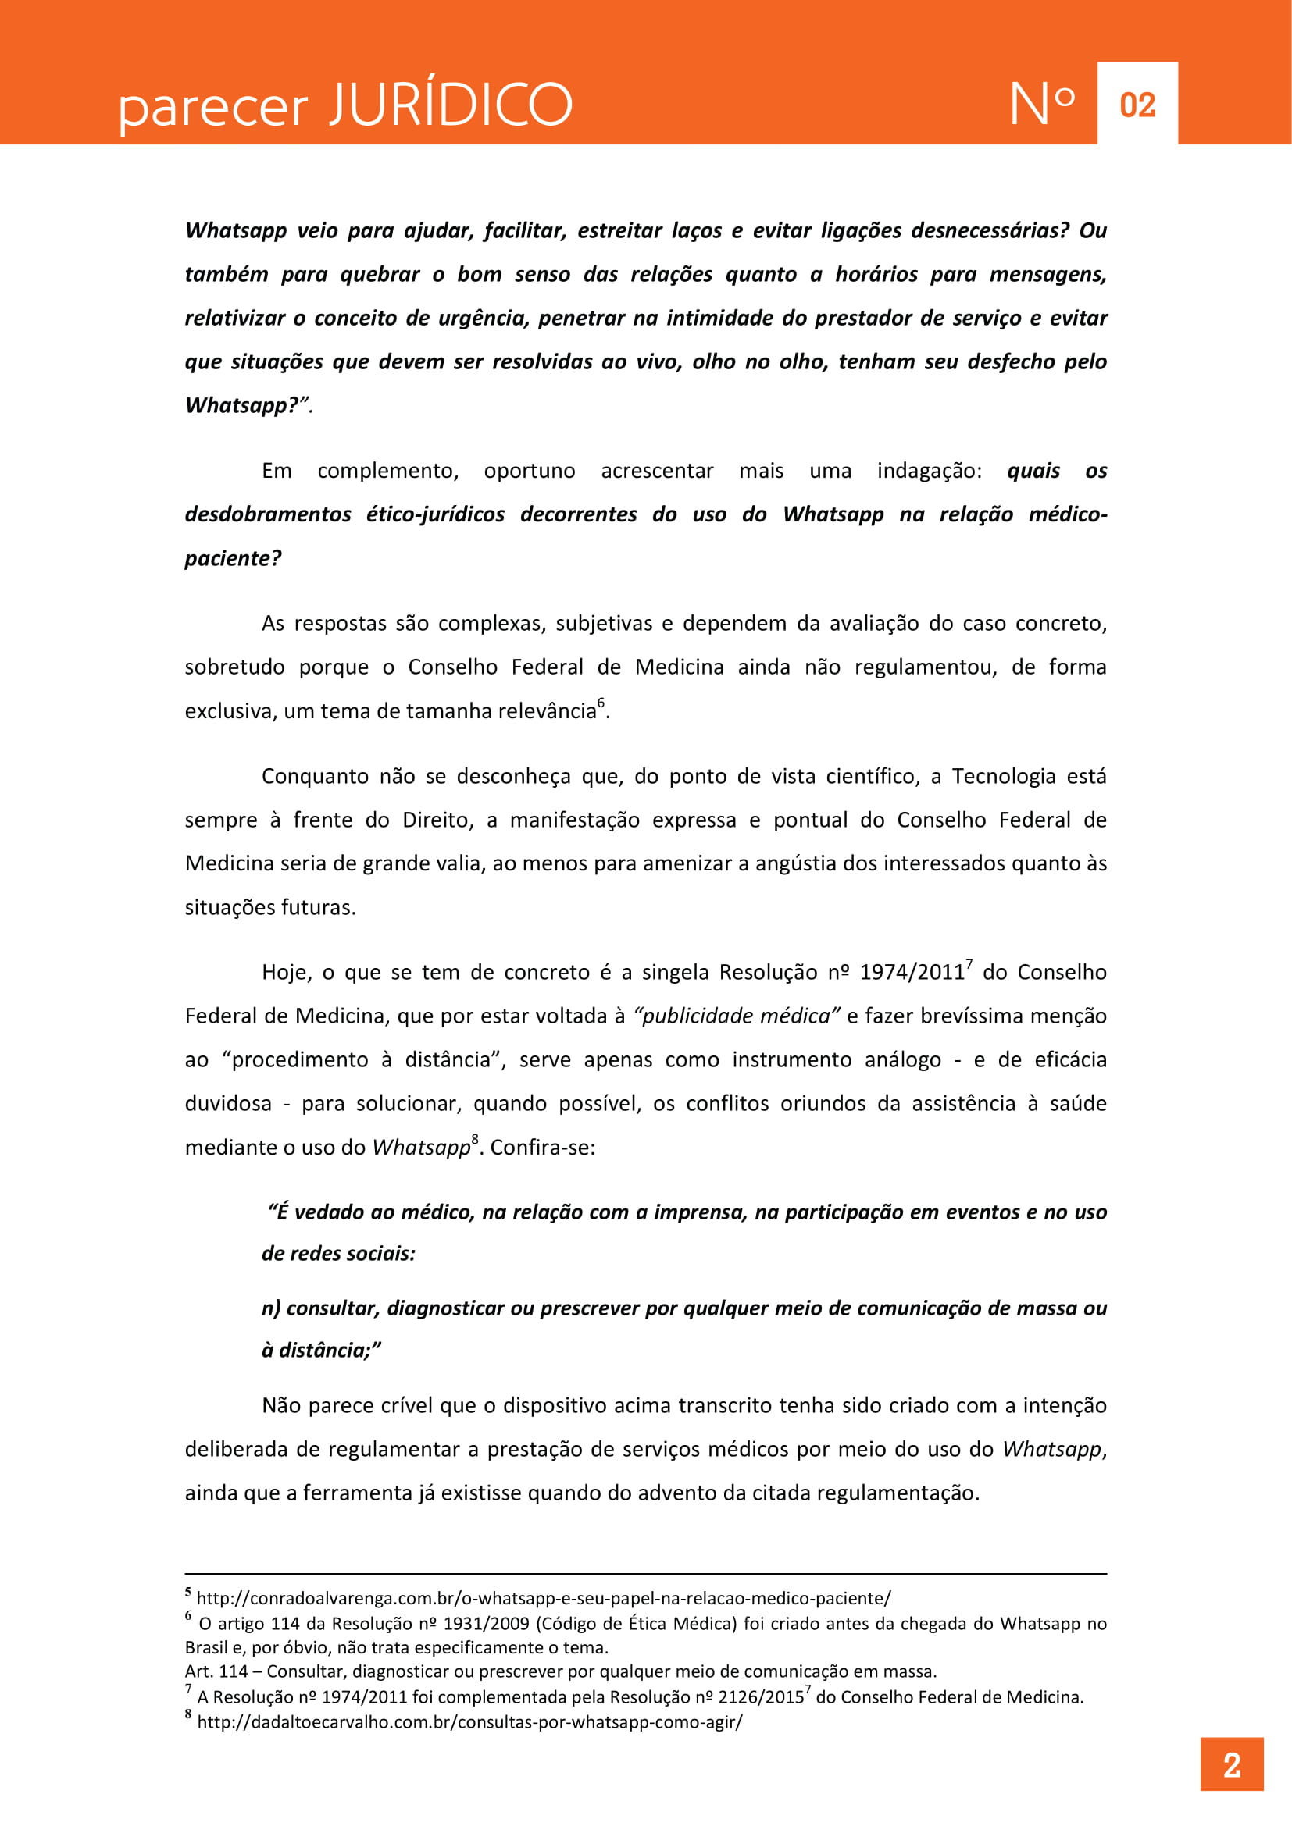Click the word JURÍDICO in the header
coord(451,105)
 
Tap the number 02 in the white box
coord(1137,105)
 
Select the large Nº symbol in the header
coord(1042,104)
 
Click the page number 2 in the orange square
coord(1232,1765)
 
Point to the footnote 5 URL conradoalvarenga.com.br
coord(544,1598)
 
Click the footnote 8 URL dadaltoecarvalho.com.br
coord(469,1722)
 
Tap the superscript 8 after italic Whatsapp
coord(475,1140)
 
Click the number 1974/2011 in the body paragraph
coord(912,973)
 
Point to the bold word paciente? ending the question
coord(233,558)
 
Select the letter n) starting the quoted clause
coord(270,1308)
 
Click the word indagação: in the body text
coord(930,471)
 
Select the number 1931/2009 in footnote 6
coord(486,1623)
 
